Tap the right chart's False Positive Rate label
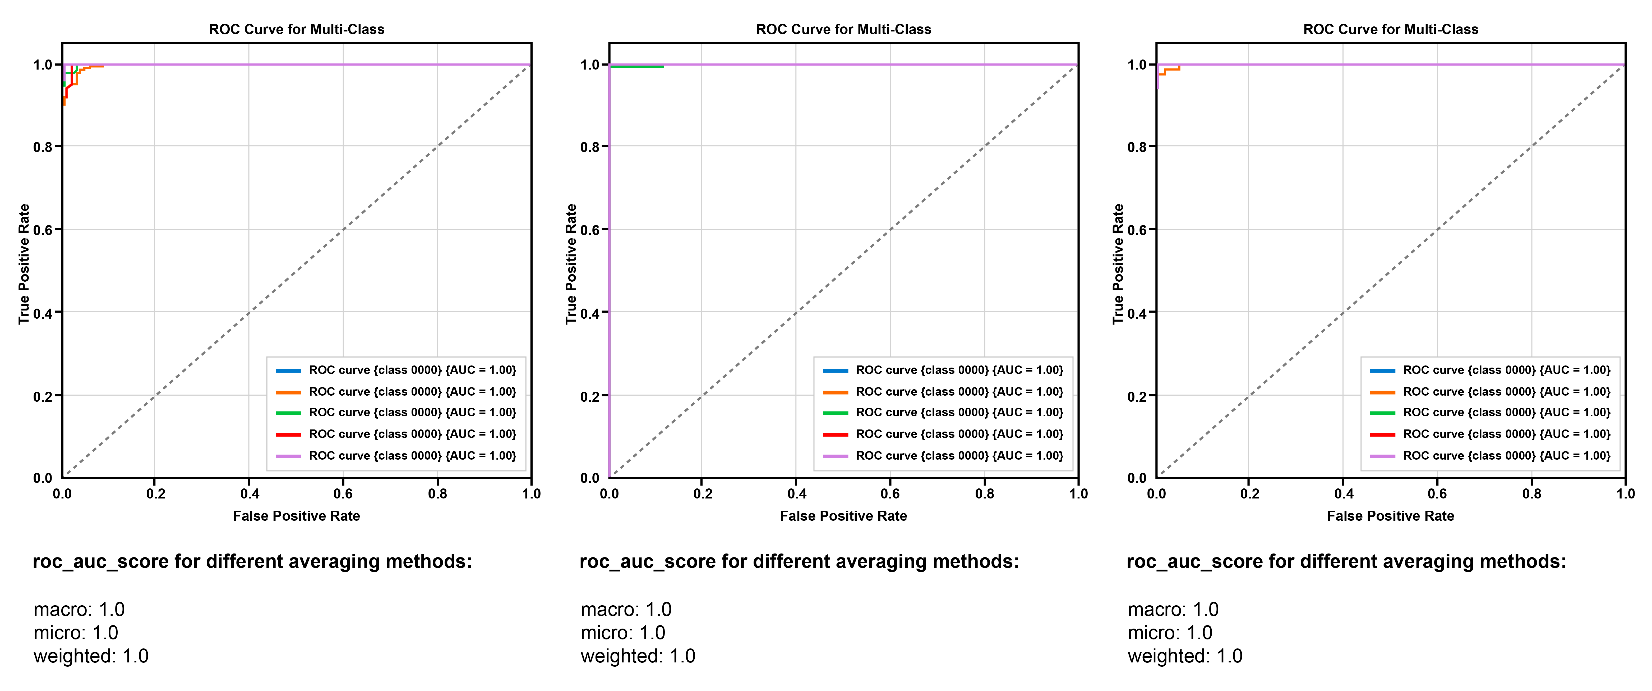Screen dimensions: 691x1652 click(x=1390, y=516)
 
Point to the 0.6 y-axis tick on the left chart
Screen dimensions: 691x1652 click(x=43, y=230)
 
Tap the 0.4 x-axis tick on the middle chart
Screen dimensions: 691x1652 click(x=796, y=493)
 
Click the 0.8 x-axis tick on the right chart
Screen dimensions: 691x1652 click(x=1531, y=493)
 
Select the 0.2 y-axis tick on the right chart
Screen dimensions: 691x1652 click(x=1137, y=396)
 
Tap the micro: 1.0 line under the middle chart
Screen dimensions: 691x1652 click(x=623, y=633)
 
